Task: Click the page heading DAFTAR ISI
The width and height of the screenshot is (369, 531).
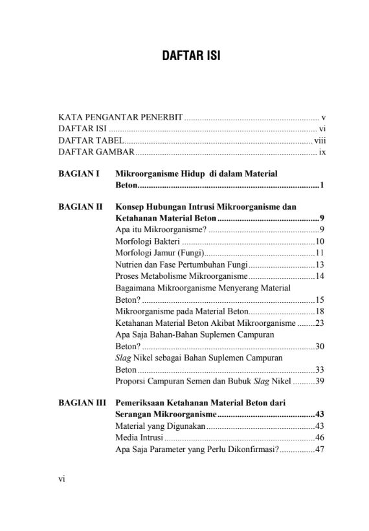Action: (191, 56)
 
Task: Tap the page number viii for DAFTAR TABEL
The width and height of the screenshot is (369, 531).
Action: (319, 141)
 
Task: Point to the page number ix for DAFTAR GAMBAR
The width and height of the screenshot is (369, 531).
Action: (321, 153)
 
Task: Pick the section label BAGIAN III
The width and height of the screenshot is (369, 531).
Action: (82, 403)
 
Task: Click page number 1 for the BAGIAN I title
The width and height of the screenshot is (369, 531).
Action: (322, 186)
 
